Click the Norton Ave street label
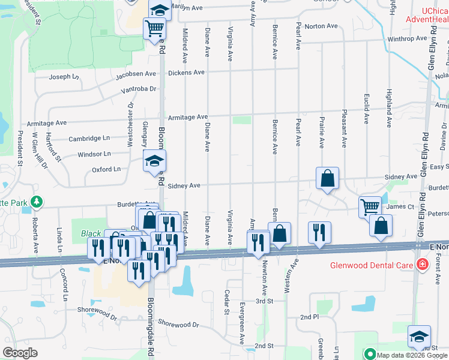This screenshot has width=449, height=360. (x=321, y=26)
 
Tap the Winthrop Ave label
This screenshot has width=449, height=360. (x=407, y=39)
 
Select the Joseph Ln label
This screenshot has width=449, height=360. (x=64, y=77)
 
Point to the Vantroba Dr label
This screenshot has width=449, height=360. (x=138, y=89)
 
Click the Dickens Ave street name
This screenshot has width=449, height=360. (x=186, y=73)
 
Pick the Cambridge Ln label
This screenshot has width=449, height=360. (x=89, y=138)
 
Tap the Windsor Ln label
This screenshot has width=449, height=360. (x=94, y=154)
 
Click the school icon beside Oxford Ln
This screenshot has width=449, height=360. (x=154, y=161)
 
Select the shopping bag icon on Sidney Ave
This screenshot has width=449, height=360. (x=328, y=178)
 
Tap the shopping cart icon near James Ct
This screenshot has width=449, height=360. (x=370, y=207)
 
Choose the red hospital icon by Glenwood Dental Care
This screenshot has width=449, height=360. (x=423, y=265)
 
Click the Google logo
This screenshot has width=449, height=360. (x=20, y=352)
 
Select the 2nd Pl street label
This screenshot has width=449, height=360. (x=310, y=316)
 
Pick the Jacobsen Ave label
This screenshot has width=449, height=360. (x=136, y=74)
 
